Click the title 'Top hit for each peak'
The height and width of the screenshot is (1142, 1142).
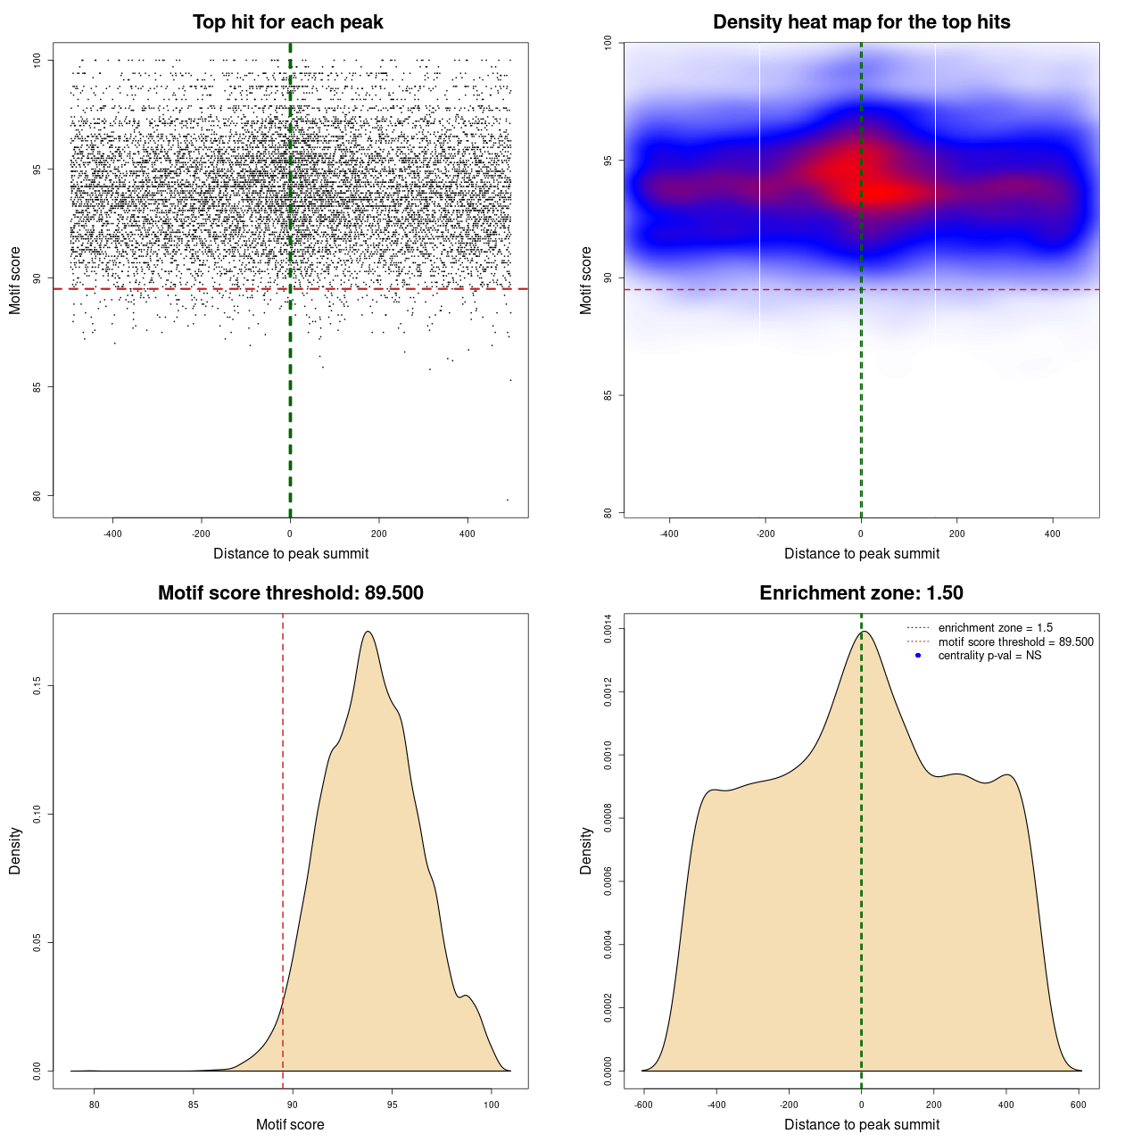tap(288, 22)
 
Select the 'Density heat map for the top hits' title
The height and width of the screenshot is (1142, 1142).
tap(861, 22)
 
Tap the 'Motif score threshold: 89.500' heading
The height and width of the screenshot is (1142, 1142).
tap(290, 593)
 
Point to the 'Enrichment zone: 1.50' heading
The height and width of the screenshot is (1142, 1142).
tap(861, 593)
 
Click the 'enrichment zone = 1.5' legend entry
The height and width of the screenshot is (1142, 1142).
tap(995, 628)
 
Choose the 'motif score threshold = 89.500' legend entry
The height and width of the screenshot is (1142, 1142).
tap(1015, 641)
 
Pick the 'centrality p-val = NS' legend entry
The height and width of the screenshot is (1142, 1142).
tap(989, 656)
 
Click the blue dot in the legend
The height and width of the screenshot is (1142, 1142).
tap(918, 656)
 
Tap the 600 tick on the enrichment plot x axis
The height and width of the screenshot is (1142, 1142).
tap(1079, 1105)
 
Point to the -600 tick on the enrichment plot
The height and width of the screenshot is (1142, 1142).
tap(643, 1105)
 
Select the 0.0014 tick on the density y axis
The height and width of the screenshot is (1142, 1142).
tap(608, 629)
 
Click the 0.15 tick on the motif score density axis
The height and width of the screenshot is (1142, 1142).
tap(37, 685)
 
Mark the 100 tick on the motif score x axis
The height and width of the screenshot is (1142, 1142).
tap(491, 1105)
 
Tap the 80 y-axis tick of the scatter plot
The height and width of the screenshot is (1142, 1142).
tap(37, 496)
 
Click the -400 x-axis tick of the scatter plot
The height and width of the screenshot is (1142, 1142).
tap(112, 534)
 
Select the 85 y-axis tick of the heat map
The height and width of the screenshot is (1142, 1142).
tap(608, 395)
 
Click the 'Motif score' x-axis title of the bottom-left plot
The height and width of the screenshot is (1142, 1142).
tap(290, 1124)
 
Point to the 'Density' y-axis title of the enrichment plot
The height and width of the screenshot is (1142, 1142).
tap(586, 850)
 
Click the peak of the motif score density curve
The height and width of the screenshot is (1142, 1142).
tap(368, 632)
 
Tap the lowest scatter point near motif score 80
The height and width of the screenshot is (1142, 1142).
tap(508, 500)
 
